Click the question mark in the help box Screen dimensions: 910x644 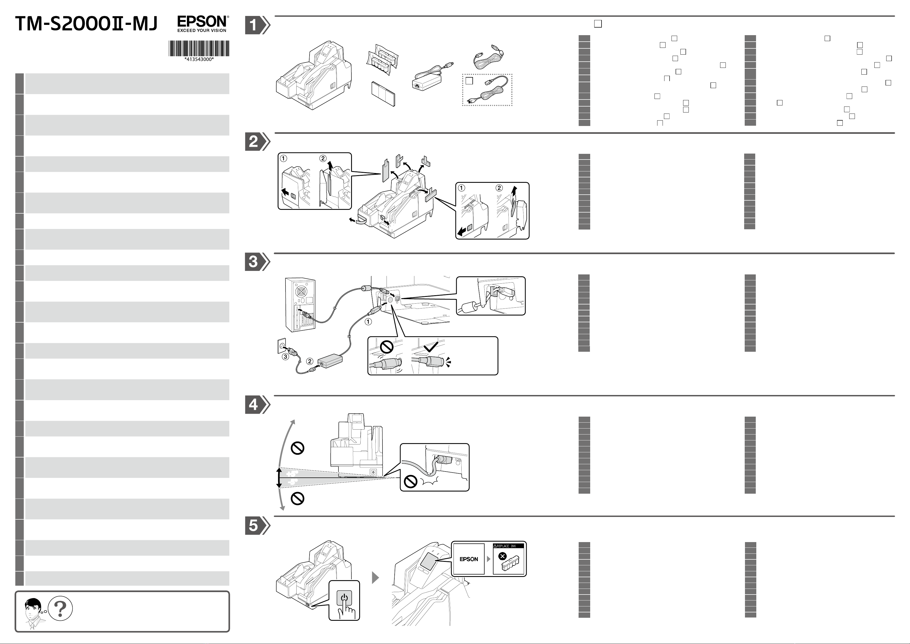(60, 608)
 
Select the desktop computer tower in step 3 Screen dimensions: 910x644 (300, 305)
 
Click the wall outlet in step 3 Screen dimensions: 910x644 (281, 345)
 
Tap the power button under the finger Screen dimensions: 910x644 (344, 598)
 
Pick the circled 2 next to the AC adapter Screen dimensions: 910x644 (310, 361)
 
